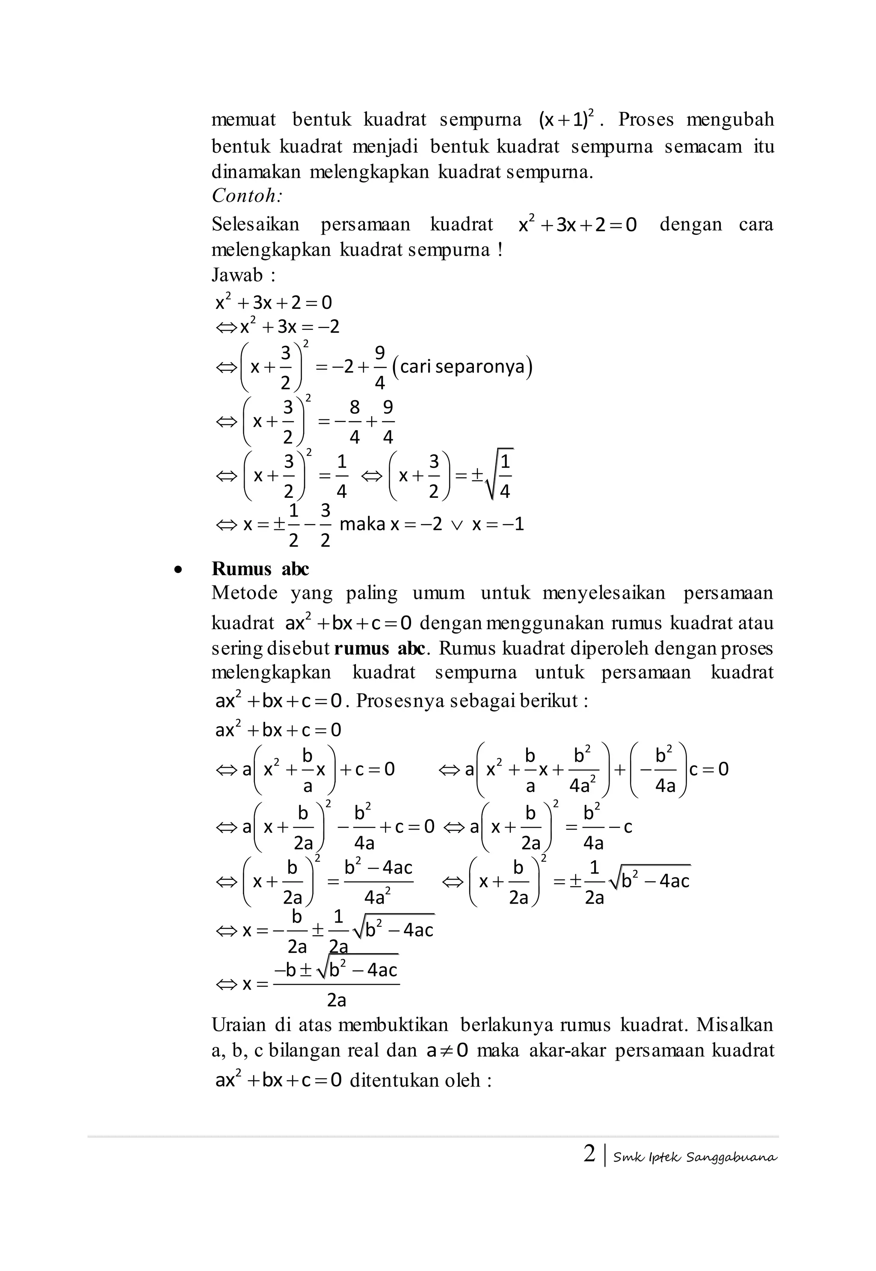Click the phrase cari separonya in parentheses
tap(462, 367)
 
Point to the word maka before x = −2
tap(362, 524)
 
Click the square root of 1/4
tap(500, 475)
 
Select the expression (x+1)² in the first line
tap(567, 118)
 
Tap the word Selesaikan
tap(255, 224)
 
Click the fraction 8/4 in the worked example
tap(355, 422)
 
